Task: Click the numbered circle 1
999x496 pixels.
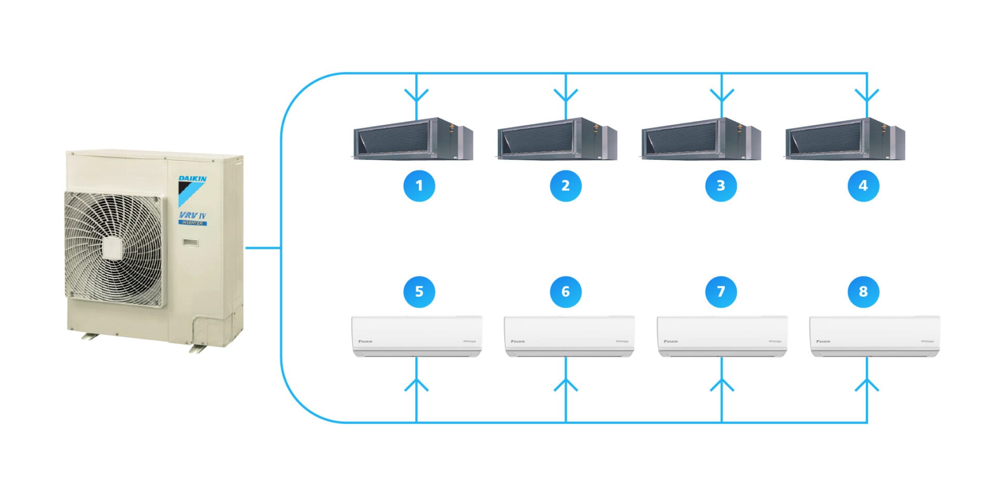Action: (x=419, y=186)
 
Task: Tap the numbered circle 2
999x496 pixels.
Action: (x=566, y=186)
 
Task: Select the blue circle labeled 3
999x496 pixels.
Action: (x=721, y=186)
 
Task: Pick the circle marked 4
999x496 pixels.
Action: (x=863, y=186)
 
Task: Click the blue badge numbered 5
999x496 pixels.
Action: (x=419, y=291)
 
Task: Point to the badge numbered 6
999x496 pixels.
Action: (x=566, y=291)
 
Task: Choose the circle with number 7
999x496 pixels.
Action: (x=721, y=291)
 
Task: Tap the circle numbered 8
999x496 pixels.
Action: (x=863, y=291)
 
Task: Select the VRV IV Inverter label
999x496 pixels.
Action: (x=193, y=218)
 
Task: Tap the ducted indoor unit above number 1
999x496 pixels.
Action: (x=413, y=139)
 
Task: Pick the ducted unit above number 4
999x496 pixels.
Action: (x=845, y=139)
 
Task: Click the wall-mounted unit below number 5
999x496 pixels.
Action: (x=417, y=336)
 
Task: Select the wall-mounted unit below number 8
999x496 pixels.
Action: (x=875, y=336)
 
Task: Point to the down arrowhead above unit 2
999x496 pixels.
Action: (x=566, y=96)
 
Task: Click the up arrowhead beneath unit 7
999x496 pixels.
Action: (x=722, y=385)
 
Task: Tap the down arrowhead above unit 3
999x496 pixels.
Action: (x=722, y=96)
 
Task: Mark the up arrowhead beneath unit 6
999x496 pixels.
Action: (x=566, y=385)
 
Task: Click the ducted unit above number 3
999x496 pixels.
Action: (x=701, y=139)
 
